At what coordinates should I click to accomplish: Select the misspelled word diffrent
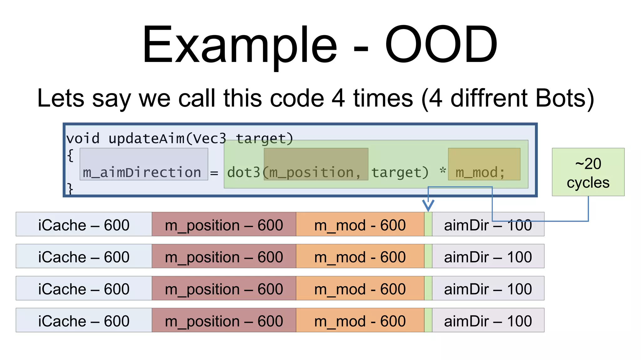[489, 98]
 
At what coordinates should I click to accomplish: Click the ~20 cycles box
[588, 172]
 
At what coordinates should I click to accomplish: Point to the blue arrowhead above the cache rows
[428, 205]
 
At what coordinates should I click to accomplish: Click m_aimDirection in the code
[142, 172]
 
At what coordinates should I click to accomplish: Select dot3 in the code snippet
[244, 172]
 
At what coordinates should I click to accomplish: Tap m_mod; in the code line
[480, 172]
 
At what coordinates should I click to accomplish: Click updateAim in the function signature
[146, 139]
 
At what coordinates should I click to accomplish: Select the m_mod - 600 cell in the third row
[360, 288]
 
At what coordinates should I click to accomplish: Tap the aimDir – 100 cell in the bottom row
[488, 320]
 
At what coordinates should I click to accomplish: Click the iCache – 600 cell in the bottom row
[84, 320]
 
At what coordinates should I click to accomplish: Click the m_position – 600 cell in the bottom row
[224, 320]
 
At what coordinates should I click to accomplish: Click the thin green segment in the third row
[428, 288]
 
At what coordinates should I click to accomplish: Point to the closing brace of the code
[70, 189]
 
